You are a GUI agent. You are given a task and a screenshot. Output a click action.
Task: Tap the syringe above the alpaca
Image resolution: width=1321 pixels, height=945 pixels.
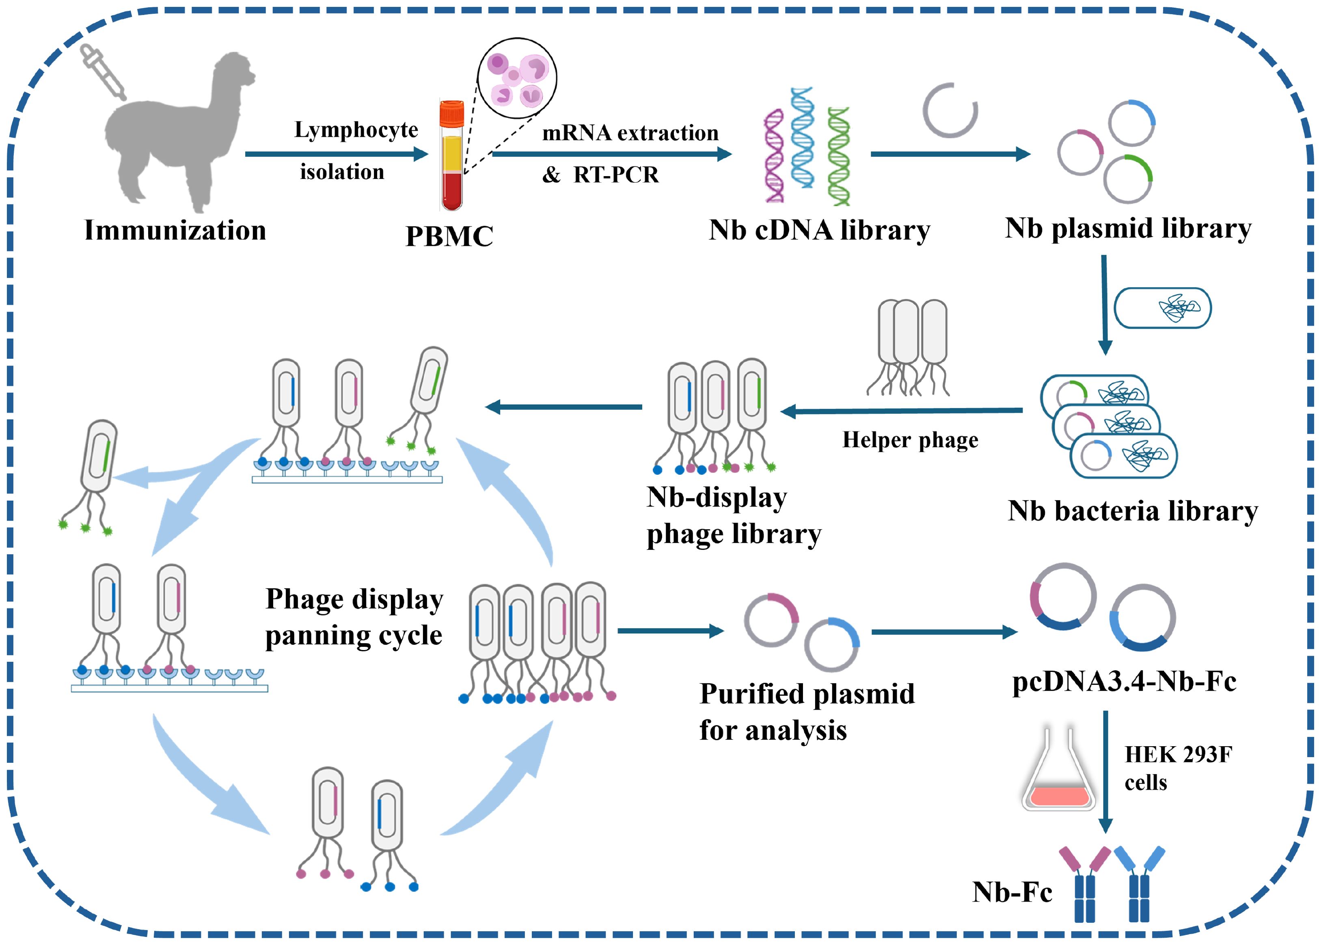pyautogui.click(x=104, y=72)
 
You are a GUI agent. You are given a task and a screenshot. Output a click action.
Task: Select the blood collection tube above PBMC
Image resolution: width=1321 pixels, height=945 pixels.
pyautogui.click(x=452, y=157)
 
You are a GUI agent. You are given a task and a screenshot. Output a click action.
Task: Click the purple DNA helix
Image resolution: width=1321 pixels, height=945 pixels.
pyautogui.click(x=774, y=156)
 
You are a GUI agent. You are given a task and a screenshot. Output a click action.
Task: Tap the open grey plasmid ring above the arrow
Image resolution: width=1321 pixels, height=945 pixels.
pyautogui.click(x=950, y=110)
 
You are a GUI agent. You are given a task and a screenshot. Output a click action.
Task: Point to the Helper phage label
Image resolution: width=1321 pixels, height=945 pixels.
pyautogui.click(x=910, y=440)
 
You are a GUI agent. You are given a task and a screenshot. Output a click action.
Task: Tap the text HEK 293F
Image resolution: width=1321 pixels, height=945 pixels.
pyautogui.click(x=1178, y=755)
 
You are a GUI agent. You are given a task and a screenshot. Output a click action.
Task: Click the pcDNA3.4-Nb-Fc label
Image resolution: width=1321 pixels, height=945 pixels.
pyautogui.click(x=1124, y=681)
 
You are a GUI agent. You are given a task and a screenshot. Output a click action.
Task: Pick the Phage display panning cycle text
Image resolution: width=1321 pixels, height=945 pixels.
pyautogui.click(x=354, y=617)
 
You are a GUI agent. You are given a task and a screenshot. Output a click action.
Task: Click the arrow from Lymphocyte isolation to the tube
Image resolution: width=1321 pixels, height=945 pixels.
pyautogui.click(x=337, y=154)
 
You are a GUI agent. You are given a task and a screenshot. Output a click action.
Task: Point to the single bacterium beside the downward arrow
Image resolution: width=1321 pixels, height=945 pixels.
pyautogui.click(x=1162, y=308)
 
